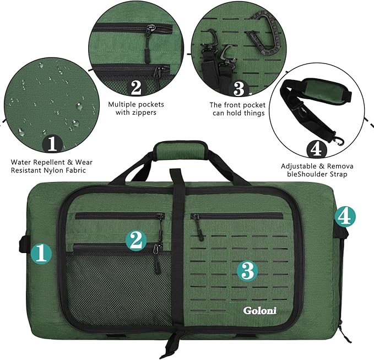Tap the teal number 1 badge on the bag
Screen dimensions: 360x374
pyautogui.click(x=42, y=254)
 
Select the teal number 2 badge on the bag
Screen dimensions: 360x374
pyautogui.click(x=137, y=240)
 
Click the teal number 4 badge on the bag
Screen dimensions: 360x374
pyautogui.click(x=343, y=217)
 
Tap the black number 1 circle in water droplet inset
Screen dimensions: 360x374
pyautogui.click(x=52, y=144)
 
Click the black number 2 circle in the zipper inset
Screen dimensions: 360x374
pyautogui.click(x=135, y=88)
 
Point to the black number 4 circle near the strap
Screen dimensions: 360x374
pyautogui.click(x=315, y=149)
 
